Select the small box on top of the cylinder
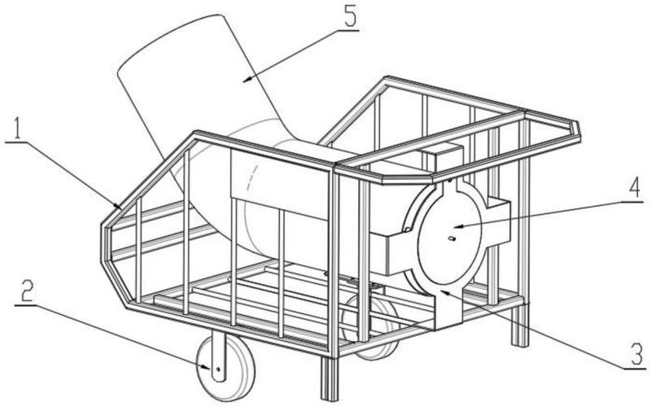(442, 157)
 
